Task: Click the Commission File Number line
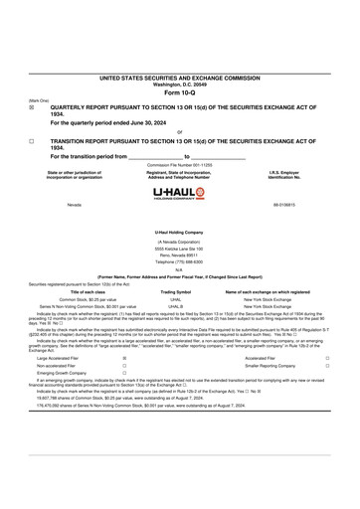point(179,165)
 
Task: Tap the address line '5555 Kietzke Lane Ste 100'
point(179,248)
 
